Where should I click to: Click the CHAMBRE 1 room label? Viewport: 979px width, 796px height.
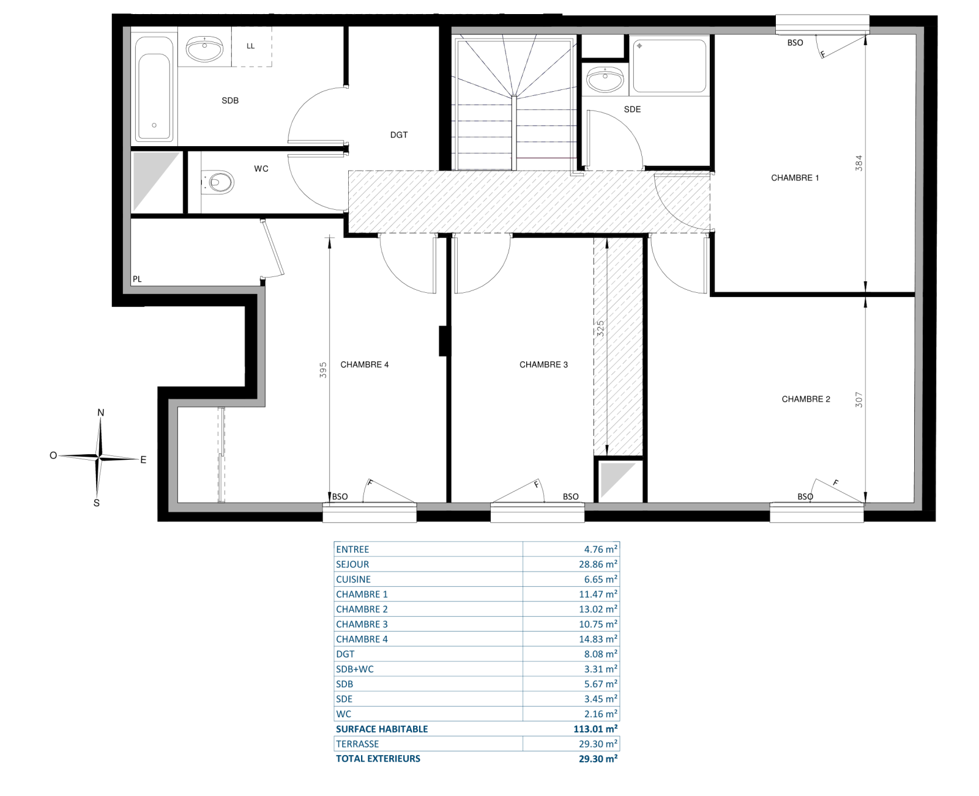click(x=795, y=178)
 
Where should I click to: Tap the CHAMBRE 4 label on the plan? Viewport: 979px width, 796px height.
click(x=365, y=365)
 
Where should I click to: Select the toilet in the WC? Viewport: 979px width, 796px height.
click(x=218, y=182)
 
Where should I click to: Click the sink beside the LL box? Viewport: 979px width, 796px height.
click(x=204, y=49)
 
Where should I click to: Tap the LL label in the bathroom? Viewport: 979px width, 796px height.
click(x=250, y=46)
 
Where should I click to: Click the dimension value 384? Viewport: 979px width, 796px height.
click(x=858, y=163)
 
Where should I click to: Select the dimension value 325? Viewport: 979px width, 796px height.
click(x=600, y=328)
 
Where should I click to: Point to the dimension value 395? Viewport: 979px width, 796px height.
click(x=323, y=370)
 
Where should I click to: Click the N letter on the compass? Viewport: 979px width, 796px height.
click(x=101, y=413)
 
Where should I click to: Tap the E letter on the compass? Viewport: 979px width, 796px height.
click(x=143, y=460)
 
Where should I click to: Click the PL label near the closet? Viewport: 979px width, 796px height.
click(x=137, y=279)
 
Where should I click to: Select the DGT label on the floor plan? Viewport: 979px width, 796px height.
click(x=398, y=135)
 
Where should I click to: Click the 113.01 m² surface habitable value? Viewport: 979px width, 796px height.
click(x=595, y=729)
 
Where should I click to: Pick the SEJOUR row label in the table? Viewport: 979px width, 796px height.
click(x=352, y=564)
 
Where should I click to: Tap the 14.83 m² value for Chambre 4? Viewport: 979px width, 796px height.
click(x=598, y=639)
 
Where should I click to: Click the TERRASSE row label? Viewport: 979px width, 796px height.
click(x=357, y=744)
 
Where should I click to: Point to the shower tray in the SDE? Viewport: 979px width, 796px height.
click(x=669, y=66)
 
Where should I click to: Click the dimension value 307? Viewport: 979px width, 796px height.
click(x=858, y=400)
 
